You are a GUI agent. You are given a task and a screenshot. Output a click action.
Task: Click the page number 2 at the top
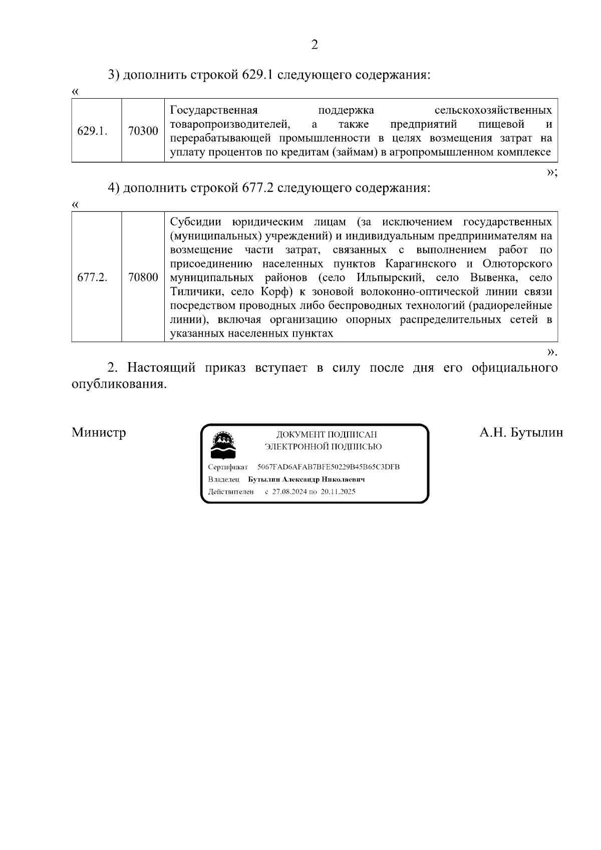(x=315, y=45)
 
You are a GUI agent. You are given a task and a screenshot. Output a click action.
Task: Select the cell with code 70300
(x=143, y=131)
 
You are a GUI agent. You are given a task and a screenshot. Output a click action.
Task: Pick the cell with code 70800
(x=143, y=277)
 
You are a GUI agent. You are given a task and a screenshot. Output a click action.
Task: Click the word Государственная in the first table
(x=214, y=110)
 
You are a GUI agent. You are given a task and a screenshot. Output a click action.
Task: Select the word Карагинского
(x=421, y=264)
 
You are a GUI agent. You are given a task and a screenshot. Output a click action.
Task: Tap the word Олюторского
(x=517, y=264)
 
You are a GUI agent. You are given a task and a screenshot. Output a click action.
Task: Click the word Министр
(x=99, y=432)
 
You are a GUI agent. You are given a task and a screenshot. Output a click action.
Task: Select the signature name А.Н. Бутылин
(x=521, y=432)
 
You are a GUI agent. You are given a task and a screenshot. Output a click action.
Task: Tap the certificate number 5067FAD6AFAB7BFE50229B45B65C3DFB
(x=329, y=467)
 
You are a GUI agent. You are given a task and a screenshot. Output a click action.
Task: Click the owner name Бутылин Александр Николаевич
(x=307, y=479)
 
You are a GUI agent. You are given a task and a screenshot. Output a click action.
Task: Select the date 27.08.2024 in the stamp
(x=289, y=492)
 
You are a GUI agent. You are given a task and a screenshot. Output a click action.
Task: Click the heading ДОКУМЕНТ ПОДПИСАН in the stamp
(x=327, y=434)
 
